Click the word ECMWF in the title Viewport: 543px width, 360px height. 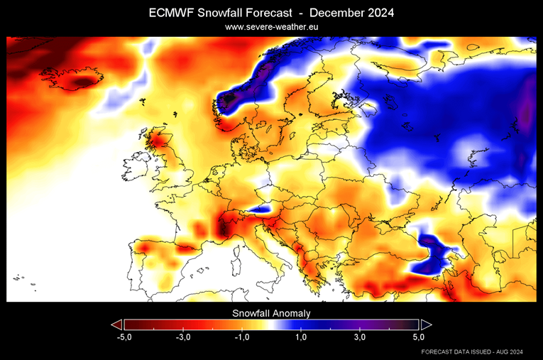click(x=171, y=13)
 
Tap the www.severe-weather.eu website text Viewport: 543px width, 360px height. click(x=271, y=27)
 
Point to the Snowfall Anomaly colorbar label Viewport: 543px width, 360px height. click(x=271, y=312)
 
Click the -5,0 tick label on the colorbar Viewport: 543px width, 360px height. click(x=124, y=337)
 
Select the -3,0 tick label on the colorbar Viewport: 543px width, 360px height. click(x=183, y=337)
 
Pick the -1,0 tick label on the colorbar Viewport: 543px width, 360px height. click(x=242, y=337)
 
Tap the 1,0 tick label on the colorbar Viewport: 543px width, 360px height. click(x=301, y=337)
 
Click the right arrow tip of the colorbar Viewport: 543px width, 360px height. click(x=427, y=324)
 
